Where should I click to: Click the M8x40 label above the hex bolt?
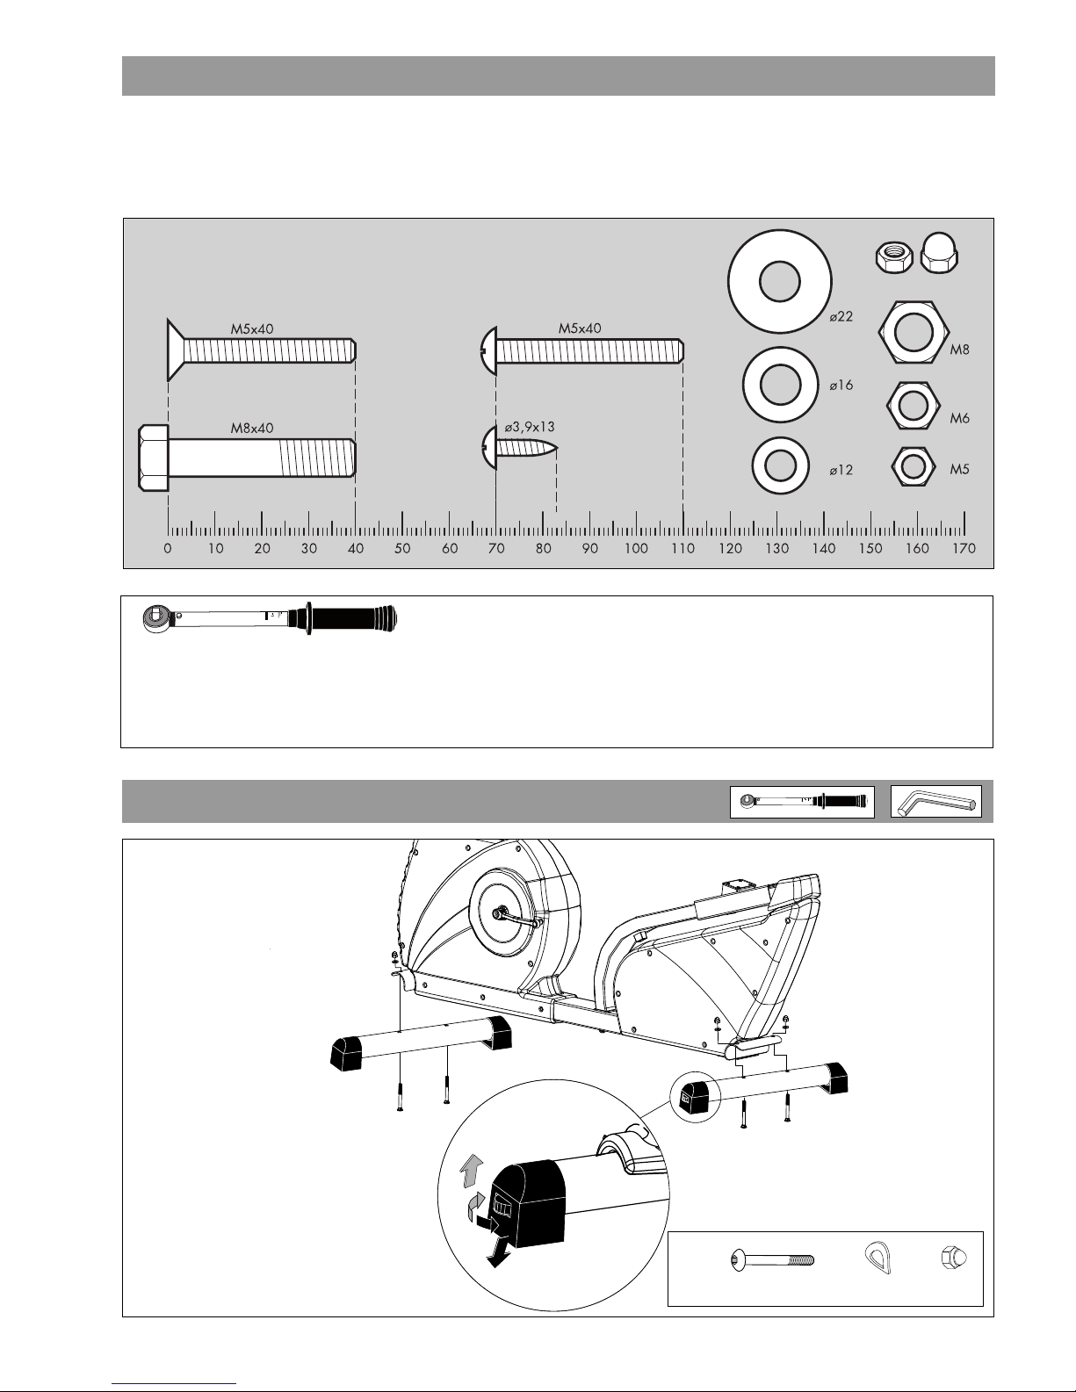[252, 428]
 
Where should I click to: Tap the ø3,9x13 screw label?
[529, 428]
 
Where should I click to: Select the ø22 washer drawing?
[779, 281]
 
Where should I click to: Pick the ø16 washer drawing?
[780, 385]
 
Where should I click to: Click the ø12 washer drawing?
[781, 465]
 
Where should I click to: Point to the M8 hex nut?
[913, 333]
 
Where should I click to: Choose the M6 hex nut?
[914, 406]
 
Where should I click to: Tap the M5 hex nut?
[914, 466]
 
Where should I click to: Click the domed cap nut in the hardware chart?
[939, 253]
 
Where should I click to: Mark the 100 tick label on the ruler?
[636, 548]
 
